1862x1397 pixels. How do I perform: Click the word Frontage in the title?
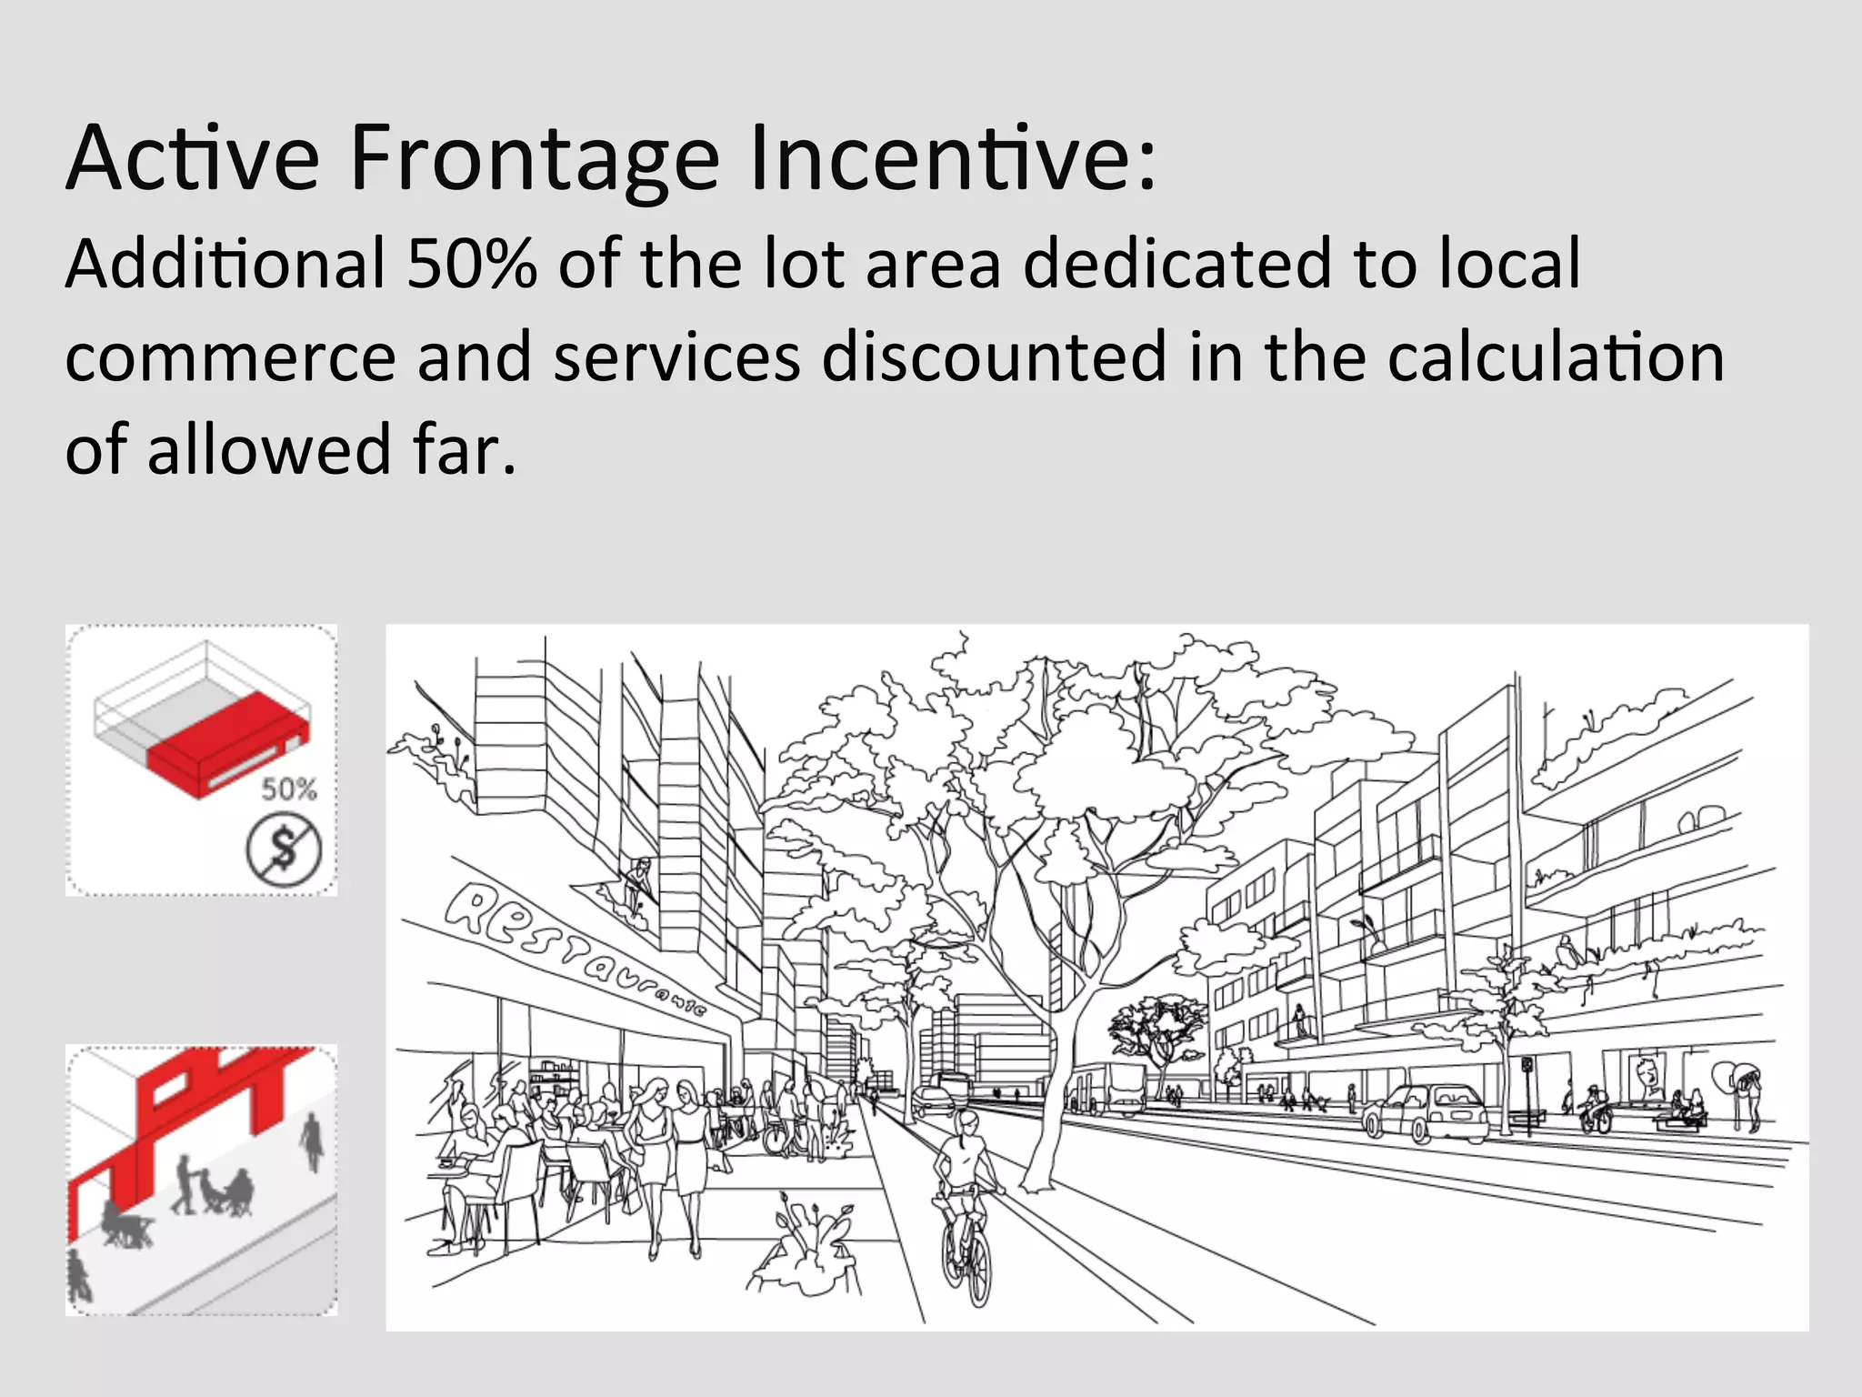click(x=535, y=159)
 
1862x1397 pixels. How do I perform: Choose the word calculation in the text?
click(x=1555, y=357)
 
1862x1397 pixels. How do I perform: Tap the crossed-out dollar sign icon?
click(x=284, y=850)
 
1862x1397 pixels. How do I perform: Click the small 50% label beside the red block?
click(x=289, y=789)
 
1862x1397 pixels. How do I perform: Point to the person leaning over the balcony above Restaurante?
click(x=639, y=880)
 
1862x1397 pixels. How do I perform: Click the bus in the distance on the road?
click(x=1118, y=1087)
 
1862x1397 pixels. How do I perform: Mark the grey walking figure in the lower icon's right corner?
click(x=312, y=1141)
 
